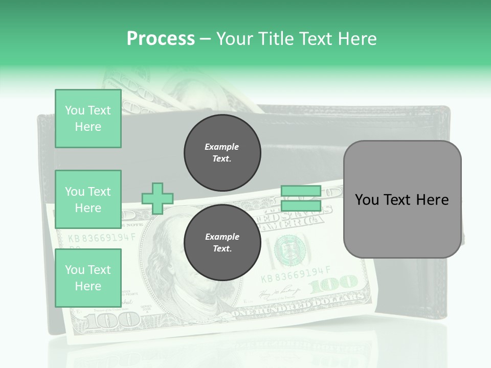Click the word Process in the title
pos(161,39)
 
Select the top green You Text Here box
pos(88,119)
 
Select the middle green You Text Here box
pos(88,199)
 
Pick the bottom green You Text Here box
pos(88,278)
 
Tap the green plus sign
pos(158,198)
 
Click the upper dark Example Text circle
pos(222,153)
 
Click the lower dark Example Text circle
pos(222,243)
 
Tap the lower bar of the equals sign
pos(301,205)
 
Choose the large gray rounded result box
pos(402,199)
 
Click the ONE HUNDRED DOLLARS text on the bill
pos(302,306)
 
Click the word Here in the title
pos(356,39)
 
